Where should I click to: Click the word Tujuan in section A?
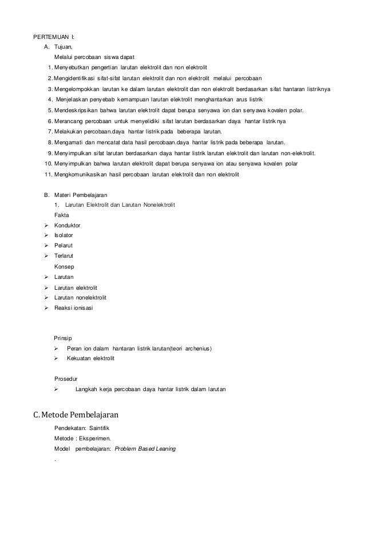64,48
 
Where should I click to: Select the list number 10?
48,164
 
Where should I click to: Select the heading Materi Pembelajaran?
83,195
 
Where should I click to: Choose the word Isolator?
64,235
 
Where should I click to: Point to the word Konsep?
63,266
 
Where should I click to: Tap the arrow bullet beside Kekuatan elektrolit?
57,358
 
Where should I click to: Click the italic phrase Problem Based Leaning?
145,449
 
